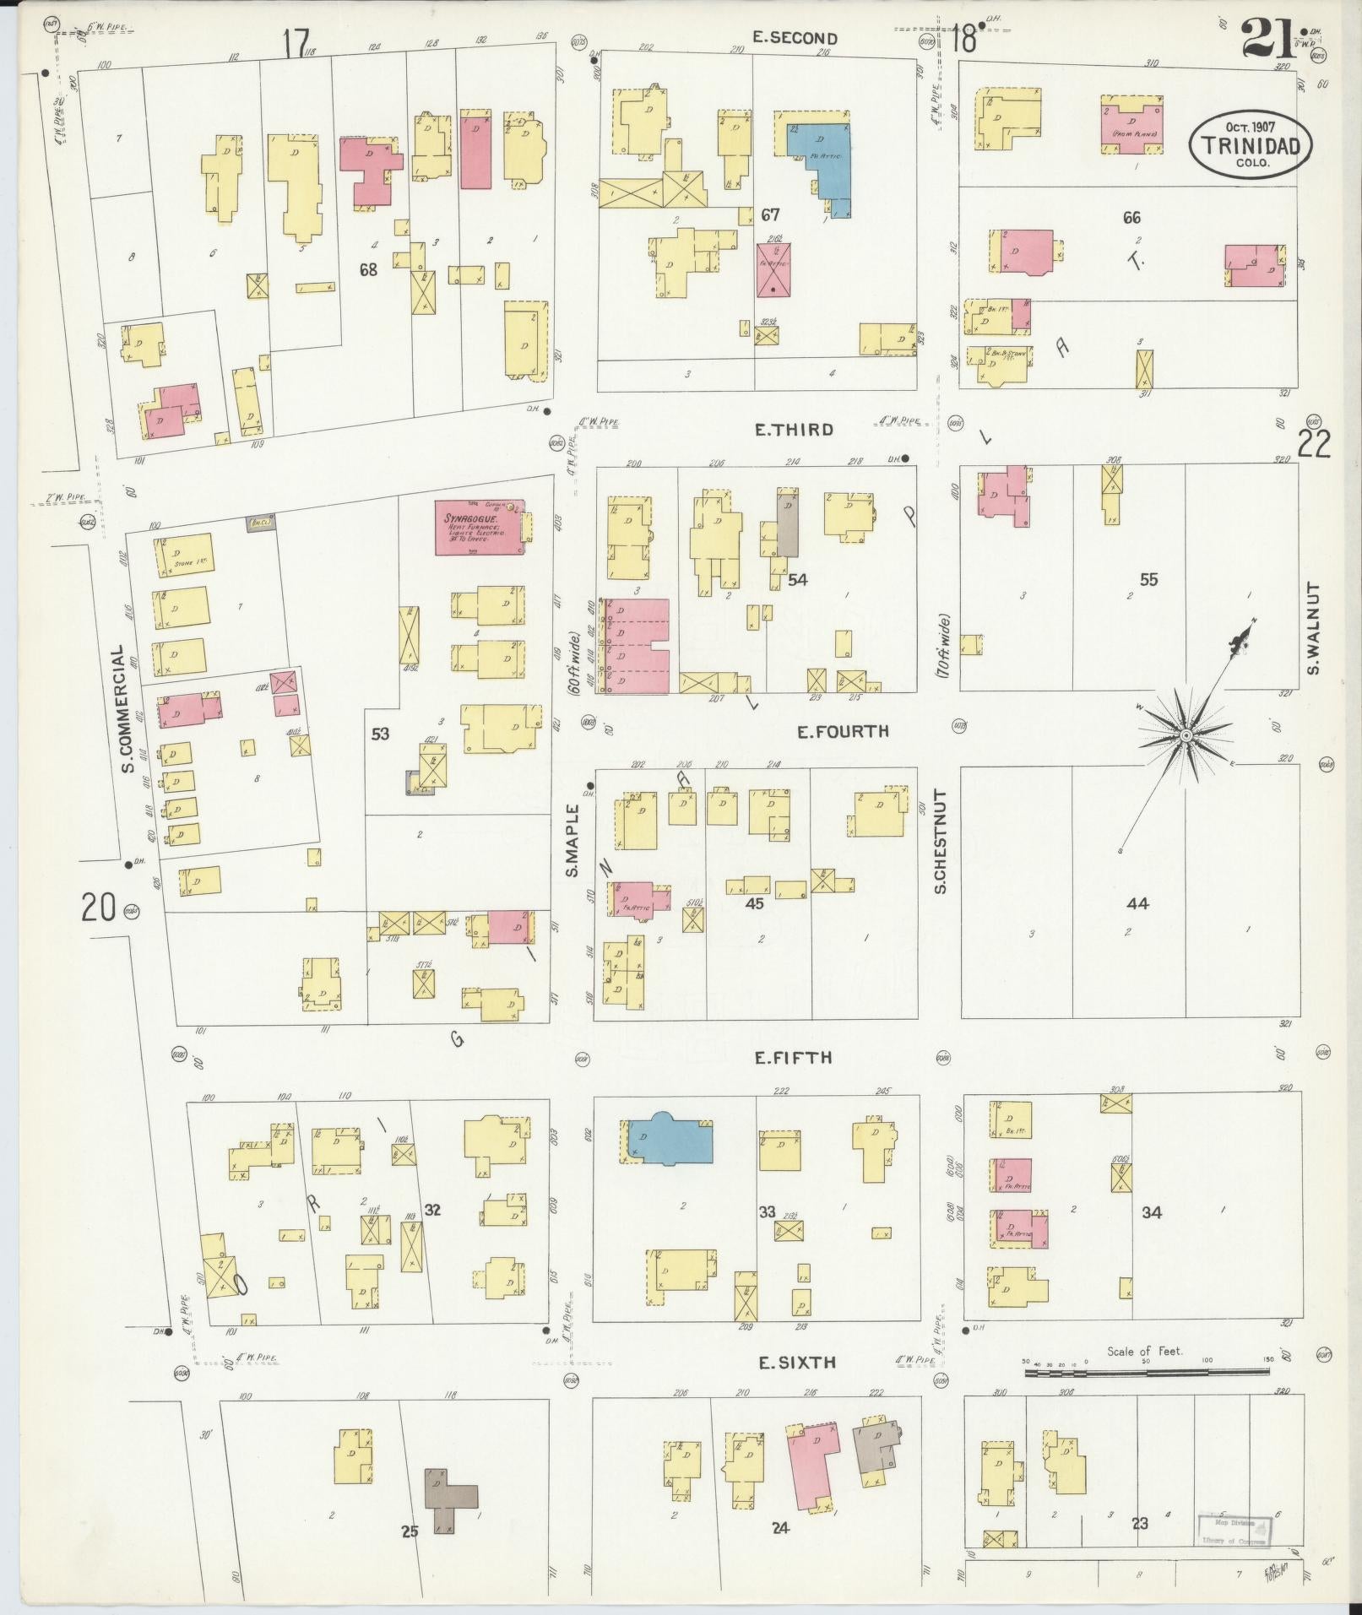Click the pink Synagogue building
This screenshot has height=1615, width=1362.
(x=479, y=528)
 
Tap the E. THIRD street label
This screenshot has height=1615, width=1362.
(x=793, y=430)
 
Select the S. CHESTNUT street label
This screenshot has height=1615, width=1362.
(x=941, y=841)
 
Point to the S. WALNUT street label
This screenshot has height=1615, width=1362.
(x=1313, y=628)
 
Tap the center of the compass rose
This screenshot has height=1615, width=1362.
(x=1185, y=736)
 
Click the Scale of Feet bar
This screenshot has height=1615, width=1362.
(x=1147, y=1373)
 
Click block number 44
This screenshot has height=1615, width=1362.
(x=1137, y=903)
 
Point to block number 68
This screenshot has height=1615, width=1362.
(x=368, y=270)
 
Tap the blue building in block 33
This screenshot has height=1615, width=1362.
(x=667, y=1140)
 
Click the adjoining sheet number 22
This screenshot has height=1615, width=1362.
(x=1313, y=442)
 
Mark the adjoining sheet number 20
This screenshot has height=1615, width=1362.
(x=99, y=908)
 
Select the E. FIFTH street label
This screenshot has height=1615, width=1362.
(x=793, y=1058)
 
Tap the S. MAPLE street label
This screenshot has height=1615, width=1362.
(x=572, y=841)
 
